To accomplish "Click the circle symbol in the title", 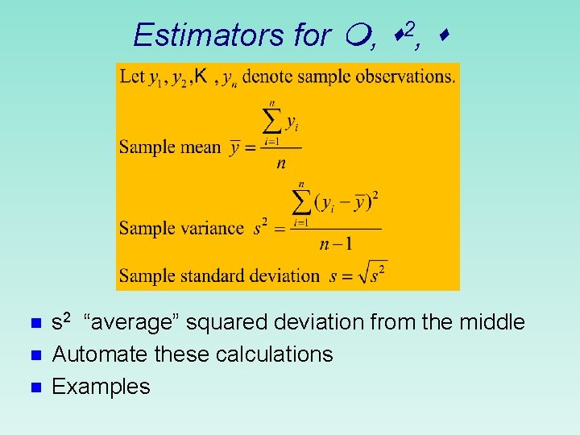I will [x=360, y=35].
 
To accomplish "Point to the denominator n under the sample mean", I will [x=280, y=164].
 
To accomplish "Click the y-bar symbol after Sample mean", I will [x=234, y=147].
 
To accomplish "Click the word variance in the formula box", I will [x=215, y=228].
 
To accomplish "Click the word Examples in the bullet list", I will [x=101, y=387].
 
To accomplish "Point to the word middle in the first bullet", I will [x=491, y=323].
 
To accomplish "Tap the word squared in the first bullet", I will [x=230, y=323].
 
